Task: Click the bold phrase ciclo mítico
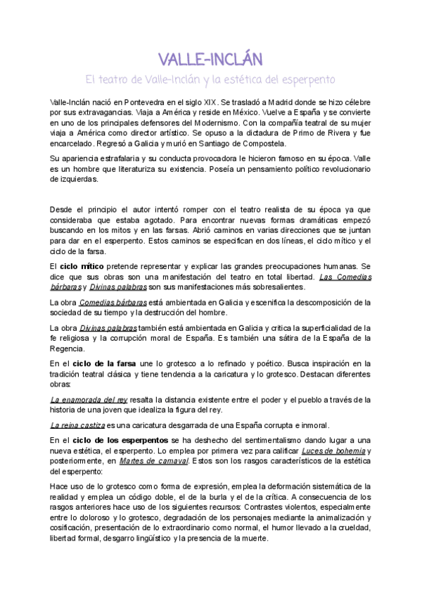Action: [x=83, y=267]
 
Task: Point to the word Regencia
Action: [x=68, y=348]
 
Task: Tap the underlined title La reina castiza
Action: [x=77, y=425]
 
